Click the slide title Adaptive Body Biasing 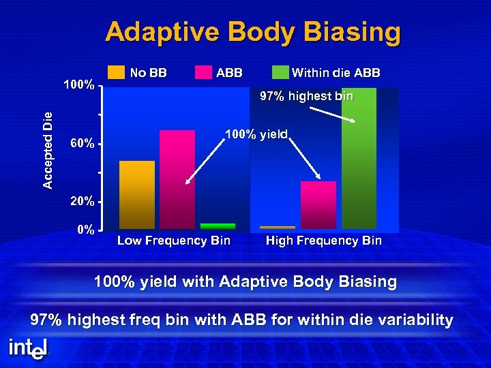click(253, 32)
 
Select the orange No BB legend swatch click(117, 72)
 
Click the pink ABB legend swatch click(203, 72)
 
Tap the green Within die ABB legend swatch click(280, 72)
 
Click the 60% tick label click(83, 144)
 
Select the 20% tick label click(83, 202)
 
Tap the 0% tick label click(85, 230)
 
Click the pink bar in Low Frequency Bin click(177, 179)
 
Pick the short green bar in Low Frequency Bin click(218, 226)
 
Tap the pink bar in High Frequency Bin click(318, 204)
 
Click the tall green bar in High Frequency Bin click(359, 158)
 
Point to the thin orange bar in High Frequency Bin click(278, 227)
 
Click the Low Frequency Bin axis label click(174, 241)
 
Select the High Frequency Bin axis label click(324, 241)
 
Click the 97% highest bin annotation click(307, 97)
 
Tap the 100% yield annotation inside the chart click(257, 134)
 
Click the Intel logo click(28, 348)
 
